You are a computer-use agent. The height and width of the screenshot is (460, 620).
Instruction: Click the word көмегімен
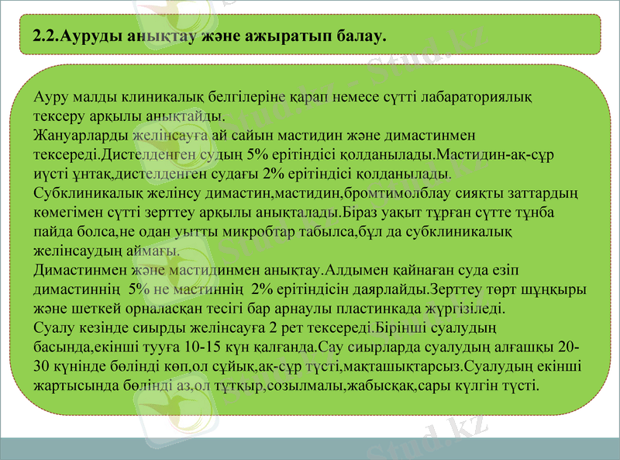click(x=69, y=213)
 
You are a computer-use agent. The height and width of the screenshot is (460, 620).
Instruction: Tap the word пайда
click(x=54, y=231)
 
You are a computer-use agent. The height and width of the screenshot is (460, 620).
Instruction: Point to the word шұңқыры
click(x=557, y=289)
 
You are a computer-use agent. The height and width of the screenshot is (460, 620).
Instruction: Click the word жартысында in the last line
click(x=76, y=384)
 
